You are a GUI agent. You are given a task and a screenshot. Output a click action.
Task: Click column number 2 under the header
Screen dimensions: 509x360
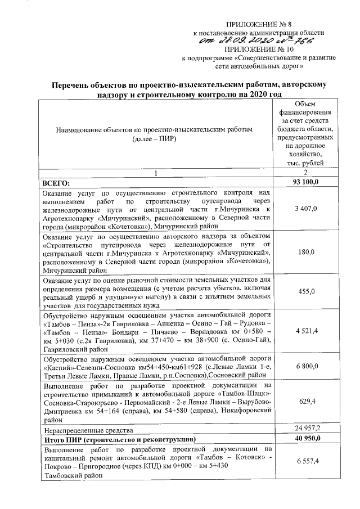pos(306,172)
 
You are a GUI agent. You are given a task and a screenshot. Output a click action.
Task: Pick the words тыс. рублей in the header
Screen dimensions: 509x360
pos(306,163)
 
